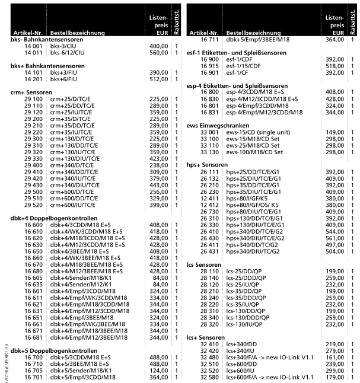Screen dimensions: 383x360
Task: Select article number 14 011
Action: [33, 52]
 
